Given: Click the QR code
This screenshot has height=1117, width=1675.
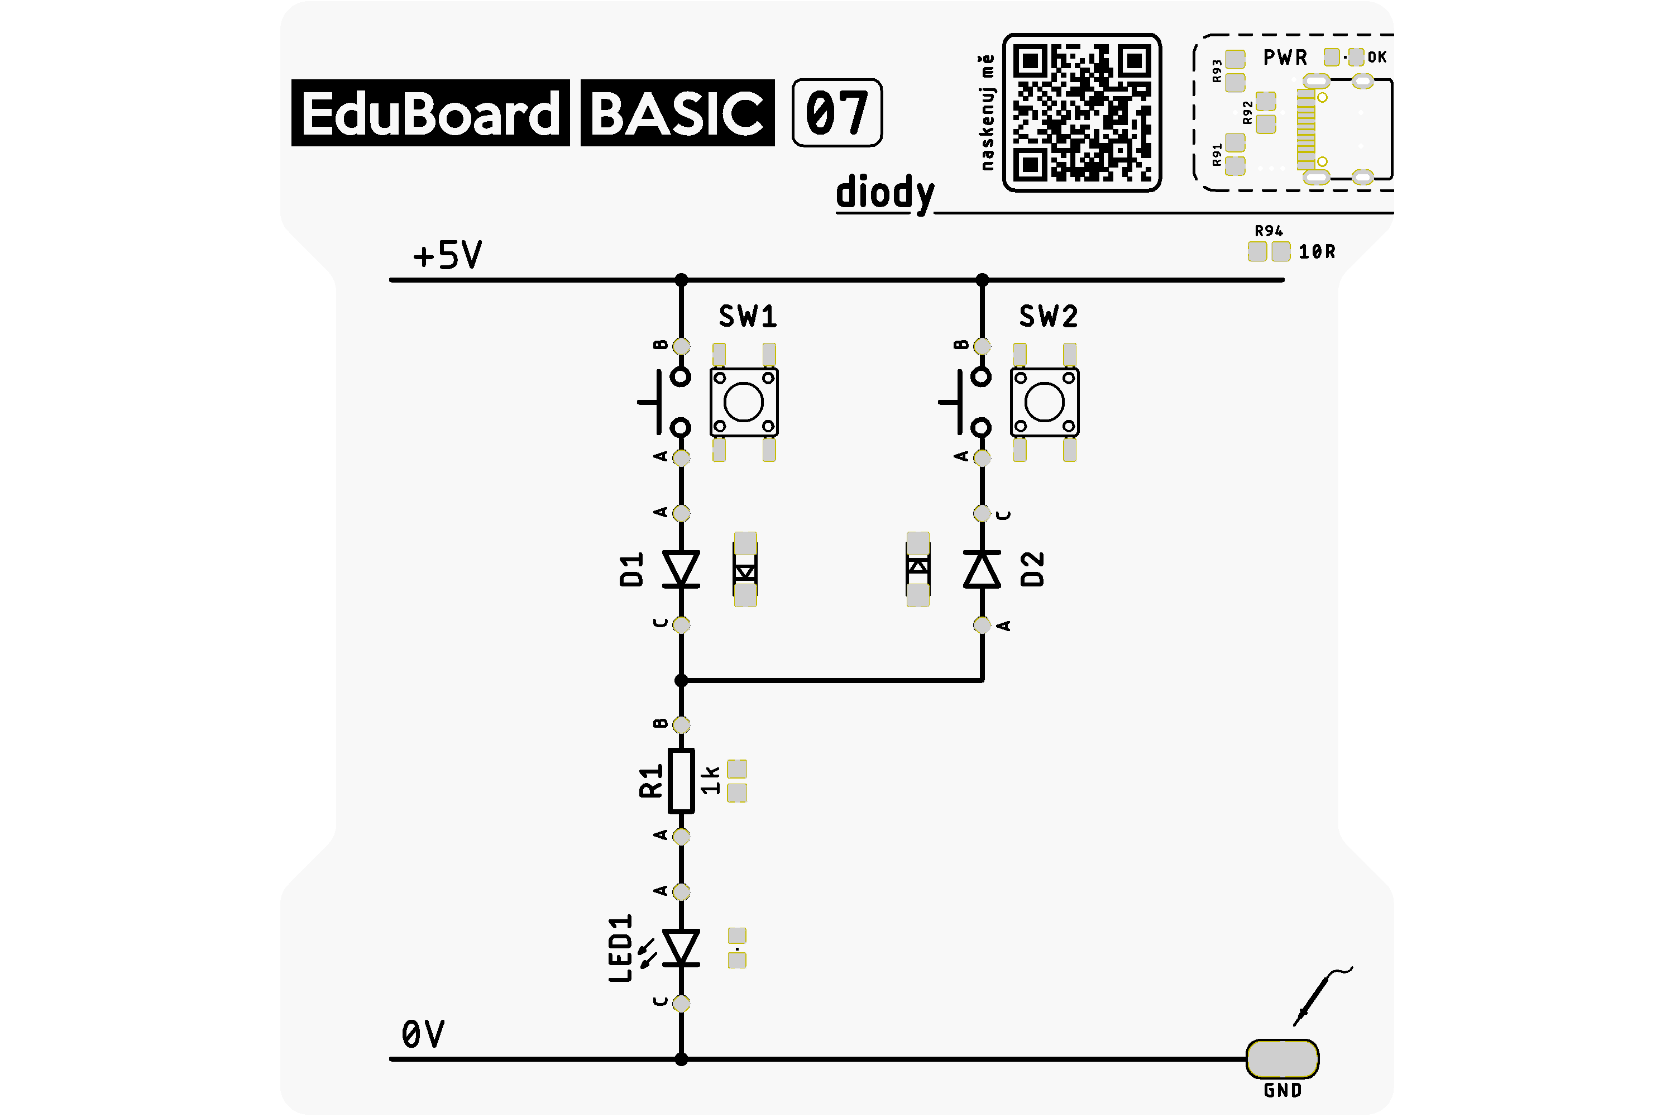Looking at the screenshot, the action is (1082, 113).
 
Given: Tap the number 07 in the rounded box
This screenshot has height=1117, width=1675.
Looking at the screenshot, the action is (837, 113).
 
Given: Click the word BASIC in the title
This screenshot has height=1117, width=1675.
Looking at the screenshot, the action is (677, 113).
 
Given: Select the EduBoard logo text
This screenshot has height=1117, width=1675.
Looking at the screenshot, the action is (430, 113).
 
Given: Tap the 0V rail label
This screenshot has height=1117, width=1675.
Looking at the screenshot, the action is (423, 1034).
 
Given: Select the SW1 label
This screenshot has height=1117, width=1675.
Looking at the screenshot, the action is (748, 316).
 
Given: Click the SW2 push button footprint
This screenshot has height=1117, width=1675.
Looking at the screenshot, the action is (1045, 403).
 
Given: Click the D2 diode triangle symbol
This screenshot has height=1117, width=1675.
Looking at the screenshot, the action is (982, 569).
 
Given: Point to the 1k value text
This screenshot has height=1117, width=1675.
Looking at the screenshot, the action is (711, 780).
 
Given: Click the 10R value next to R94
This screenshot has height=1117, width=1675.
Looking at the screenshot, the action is (1317, 251).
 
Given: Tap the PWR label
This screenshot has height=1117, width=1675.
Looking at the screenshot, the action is (1285, 57).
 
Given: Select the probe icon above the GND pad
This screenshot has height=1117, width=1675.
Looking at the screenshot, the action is (1323, 996).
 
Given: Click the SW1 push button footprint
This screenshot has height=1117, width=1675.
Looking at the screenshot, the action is (744, 403).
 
